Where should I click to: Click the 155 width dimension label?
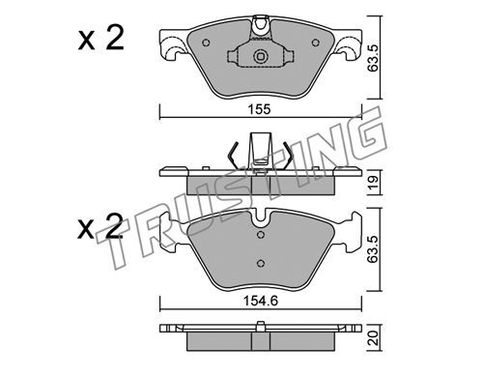260,109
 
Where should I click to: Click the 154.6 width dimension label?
261,301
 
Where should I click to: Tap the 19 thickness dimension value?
374,183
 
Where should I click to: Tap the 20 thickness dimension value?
374,337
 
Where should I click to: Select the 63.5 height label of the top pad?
374,58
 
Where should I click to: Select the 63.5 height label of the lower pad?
374,248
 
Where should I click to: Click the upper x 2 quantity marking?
100,39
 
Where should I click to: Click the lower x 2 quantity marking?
100,226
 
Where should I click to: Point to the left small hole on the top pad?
207,43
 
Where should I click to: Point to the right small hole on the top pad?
315,43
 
